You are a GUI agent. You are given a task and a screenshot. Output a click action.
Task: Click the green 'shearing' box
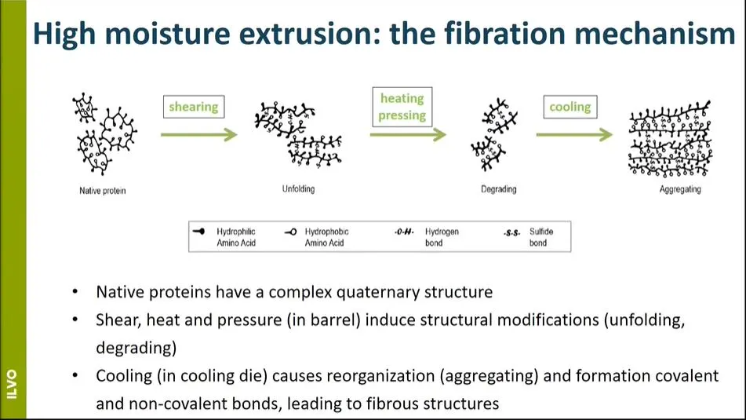click(x=194, y=107)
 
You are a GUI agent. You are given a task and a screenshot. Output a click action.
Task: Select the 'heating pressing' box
click(x=402, y=107)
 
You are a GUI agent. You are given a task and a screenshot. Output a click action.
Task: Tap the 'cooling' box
click(x=570, y=107)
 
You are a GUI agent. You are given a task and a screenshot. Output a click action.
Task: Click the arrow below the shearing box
click(x=199, y=135)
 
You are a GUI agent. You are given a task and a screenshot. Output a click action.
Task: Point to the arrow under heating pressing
click(x=408, y=135)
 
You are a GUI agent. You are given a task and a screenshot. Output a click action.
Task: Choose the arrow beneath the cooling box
click(x=574, y=135)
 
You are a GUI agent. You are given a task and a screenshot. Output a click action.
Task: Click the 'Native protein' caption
click(x=103, y=191)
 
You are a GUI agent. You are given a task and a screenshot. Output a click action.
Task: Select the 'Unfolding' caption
click(x=298, y=189)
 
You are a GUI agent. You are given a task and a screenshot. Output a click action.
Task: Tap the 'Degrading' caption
click(x=499, y=189)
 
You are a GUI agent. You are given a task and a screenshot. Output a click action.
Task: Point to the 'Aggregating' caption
click(x=680, y=189)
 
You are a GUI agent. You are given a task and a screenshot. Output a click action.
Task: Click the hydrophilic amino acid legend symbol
click(x=199, y=232)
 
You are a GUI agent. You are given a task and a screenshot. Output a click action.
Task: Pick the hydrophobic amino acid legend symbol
click(x=291, y=232)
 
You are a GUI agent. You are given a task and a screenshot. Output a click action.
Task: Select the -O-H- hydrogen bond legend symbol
click(x=405, y=232)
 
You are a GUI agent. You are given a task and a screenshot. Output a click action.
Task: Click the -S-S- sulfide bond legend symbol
click(x=512, y=233)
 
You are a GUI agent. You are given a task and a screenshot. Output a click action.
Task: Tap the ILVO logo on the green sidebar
click(x=13, y=384)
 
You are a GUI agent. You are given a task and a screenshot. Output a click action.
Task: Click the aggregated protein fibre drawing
click(x=671, y=139)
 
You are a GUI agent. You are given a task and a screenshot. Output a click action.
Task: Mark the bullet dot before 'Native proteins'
click(x=75, y=291)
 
